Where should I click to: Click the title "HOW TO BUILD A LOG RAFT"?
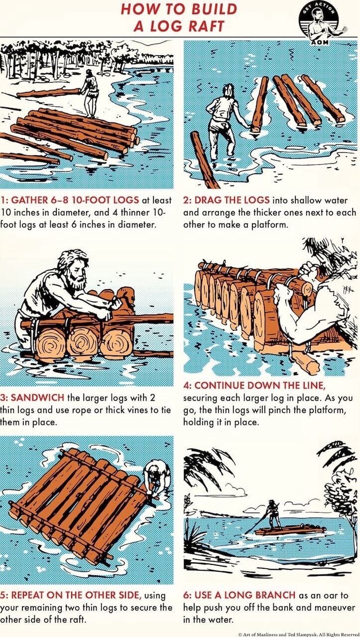point(179,17)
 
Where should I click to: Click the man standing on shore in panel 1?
point(89,92)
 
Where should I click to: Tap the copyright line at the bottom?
point(298,633)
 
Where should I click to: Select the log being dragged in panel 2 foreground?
point(204,160)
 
